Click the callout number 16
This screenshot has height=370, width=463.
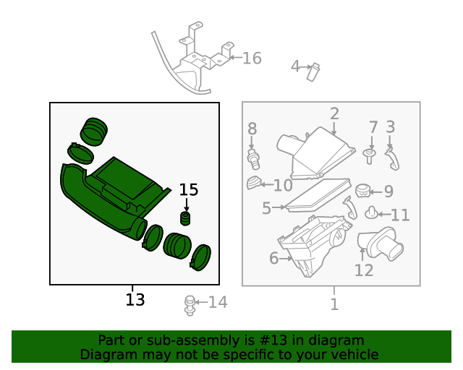click(251, 59)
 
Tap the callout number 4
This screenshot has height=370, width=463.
click(295, 66)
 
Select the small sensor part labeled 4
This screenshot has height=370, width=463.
click(313, 71)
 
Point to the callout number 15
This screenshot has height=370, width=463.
click(188, 189)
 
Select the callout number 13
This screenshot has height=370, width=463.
click(135, 299)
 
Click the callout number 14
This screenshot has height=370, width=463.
click(218, 302)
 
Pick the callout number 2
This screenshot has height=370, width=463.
click(334, 113)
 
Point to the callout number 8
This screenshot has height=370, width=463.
click(252, 129)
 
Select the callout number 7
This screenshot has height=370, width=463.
click(373, 128)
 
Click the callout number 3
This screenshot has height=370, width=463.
click(390, 127)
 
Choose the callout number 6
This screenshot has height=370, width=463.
click(273, 258)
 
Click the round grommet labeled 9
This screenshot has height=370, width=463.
click(364, 192)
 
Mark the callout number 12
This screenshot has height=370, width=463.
click(364, 270)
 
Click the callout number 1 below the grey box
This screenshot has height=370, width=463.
click(334, 304)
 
